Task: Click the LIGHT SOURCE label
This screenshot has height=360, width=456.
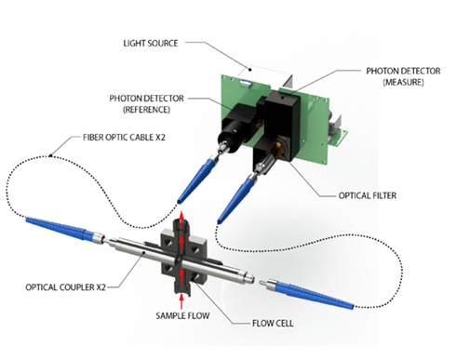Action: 151,43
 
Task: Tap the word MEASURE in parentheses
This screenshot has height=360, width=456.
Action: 403,82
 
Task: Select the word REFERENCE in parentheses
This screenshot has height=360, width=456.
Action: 146,110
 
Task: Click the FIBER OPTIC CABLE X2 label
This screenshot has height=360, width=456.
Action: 124,137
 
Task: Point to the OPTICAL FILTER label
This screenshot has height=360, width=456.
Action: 368,195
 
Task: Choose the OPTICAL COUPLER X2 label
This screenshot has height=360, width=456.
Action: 65,287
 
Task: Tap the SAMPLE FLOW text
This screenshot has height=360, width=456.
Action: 182,315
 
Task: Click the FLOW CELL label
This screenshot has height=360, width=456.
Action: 273,324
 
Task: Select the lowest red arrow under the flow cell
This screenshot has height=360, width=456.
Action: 181,300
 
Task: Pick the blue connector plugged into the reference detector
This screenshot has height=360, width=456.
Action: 195,179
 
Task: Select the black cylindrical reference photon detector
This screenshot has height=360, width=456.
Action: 237,128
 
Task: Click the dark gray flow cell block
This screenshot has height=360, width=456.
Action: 183,256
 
